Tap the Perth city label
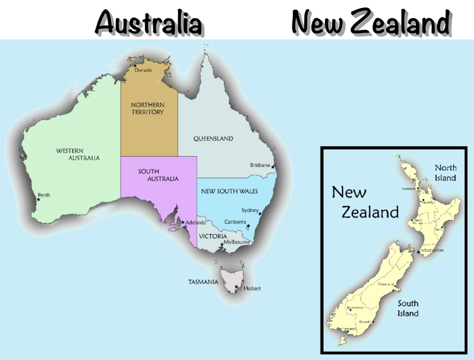coord(44,195)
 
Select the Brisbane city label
coord(260,165)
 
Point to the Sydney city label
coord(250,210)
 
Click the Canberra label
coord(235,222)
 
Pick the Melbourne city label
coord(236,242)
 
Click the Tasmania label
coord(203,282)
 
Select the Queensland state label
coord(213,139)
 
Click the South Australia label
coord(158,175)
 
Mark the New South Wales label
coord(229,191)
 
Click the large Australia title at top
coord(149,23)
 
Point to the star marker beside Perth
coord(39,199)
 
